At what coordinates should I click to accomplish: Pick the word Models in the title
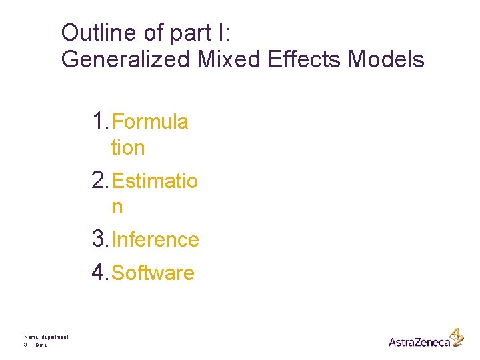[x=387, y=59]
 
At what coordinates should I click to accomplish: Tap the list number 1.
[x=100, y=122]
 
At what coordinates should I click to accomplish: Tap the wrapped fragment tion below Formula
[x=128, y=148]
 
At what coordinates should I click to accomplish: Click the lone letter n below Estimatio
[x=117, y=207]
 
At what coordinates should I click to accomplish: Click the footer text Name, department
[x=46, y=337]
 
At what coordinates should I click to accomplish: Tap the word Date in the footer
[x=41, y=345]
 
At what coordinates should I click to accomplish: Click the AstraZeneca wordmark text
[x=419, y=342]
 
